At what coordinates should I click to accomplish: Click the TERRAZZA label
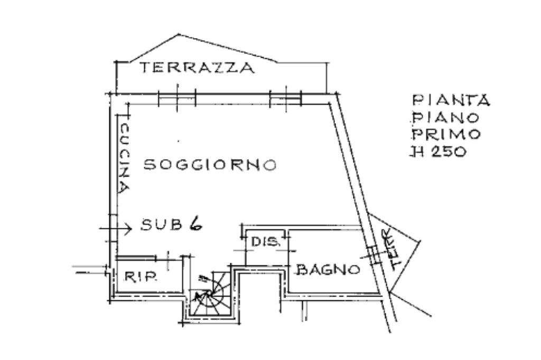197,68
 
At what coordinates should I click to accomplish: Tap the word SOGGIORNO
210,165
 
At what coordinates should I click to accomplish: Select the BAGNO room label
329,270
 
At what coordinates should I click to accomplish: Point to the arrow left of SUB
117,228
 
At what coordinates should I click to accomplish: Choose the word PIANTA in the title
451,100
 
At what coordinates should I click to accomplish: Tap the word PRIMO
446,133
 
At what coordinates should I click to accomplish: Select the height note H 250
439,152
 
